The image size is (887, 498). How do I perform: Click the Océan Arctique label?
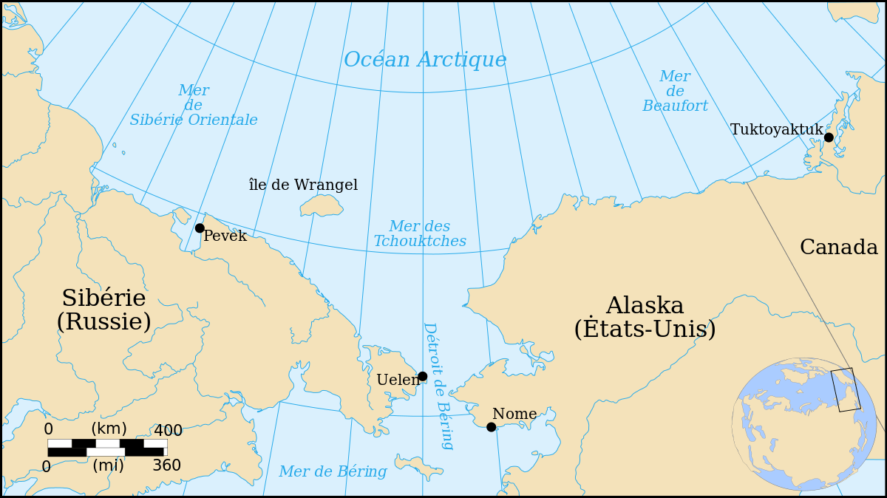(x=425, y=60)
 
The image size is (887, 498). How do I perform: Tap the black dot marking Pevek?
(x=200, y=228)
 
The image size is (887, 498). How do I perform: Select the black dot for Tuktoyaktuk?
(x=829, y=137)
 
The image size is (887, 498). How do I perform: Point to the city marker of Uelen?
(x=422, y=376)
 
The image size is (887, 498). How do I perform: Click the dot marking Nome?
(x=491, y=427)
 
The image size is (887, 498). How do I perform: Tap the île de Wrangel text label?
(x=303, y=185)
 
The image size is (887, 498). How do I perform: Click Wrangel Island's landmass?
(x=322, y=205)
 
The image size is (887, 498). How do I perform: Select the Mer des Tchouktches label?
(x=420, y=234)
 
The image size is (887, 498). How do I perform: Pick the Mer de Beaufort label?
(x=675, y=92)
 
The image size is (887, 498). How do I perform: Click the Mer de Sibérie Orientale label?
(x=194, y=106)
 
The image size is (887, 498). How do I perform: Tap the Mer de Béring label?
(x=333, y=471)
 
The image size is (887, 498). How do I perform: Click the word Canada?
(x=838, y=248)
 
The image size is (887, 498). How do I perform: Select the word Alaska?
(x=645, y=306)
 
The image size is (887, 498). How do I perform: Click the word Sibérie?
(x=103, y=299)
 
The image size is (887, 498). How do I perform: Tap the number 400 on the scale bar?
(x=168, y=431)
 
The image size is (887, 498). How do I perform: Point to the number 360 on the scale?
(x=167, y=466)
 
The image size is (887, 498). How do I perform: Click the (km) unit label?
(x=109, y=429)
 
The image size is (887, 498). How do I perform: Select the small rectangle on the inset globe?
(x=846, y=389)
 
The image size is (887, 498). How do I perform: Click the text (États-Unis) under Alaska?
(x=645, y=330)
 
